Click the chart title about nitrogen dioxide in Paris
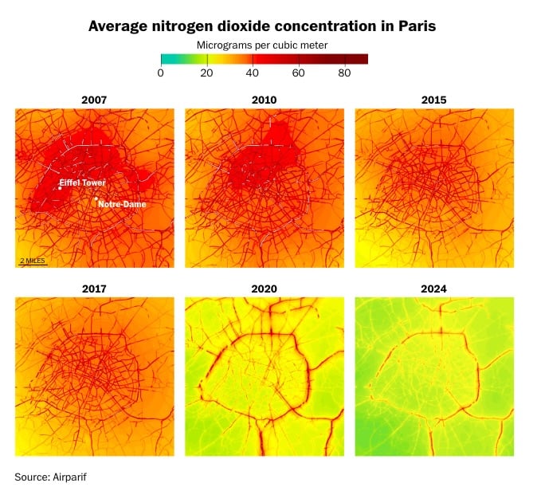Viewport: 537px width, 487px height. tap(262, 26)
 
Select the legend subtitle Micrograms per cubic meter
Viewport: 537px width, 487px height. tap(262, 45)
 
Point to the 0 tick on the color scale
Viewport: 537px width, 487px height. tap(161, 73)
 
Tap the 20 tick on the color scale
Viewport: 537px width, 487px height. tap(207, 73)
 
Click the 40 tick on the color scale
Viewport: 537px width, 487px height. tap(253, 73)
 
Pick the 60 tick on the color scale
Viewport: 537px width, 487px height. tap(299, 73)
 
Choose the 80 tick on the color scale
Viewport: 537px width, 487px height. tap(345, 73)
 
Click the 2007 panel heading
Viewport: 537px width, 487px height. tap(94, 100)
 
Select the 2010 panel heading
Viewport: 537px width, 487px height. tap(264, 100)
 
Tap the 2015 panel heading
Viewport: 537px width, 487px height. tap(433, 100)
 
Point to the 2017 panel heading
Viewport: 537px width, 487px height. tap(94, 289)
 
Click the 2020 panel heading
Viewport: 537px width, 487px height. tap(264, 289)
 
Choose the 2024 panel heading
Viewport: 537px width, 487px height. tap(433, 289)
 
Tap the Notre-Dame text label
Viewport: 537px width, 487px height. tap(122, 204)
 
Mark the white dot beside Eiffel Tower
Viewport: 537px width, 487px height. tap(60, 188)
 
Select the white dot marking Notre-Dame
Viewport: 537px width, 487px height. tap(96, 199)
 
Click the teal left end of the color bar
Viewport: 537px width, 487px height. tap(164, 58)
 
